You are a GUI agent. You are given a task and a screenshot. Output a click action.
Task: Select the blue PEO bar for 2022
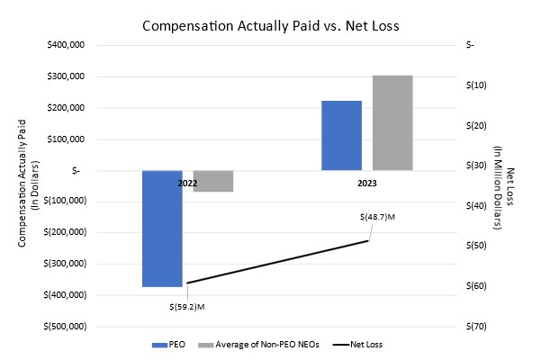[162, 229]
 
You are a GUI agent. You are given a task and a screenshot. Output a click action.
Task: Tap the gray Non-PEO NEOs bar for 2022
[213, 181]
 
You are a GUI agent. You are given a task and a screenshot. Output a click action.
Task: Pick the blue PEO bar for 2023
[342, 135]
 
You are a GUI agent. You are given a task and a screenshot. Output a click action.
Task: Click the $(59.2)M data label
[187, 307]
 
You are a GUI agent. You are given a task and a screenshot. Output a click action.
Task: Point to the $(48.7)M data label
[377, 217]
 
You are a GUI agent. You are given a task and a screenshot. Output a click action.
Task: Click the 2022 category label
[187, 183]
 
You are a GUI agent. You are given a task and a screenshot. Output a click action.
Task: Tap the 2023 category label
[366, 183]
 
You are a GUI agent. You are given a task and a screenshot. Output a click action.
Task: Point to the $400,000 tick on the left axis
[65, 45]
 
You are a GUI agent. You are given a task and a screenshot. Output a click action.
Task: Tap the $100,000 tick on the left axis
[65, 139]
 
